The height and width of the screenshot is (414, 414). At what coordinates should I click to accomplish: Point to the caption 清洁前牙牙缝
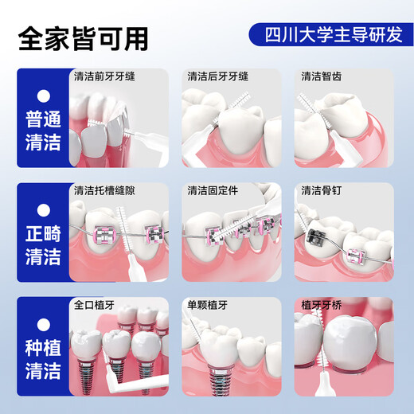tap(104, 77)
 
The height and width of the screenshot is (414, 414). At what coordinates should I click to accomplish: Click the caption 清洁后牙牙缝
tap(218, 77)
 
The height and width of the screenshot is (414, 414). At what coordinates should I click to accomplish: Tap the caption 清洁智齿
tap(322, 77)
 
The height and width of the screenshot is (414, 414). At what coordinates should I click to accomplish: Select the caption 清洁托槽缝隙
tap(104, 191)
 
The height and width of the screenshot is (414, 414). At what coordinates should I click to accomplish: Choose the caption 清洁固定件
tap(213, 191)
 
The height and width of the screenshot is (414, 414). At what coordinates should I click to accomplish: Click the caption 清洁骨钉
tap(322, 191)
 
